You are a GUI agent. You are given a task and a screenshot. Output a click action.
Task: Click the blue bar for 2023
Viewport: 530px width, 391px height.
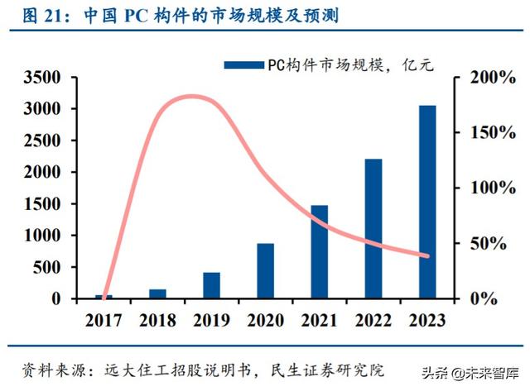(x=426, y=202)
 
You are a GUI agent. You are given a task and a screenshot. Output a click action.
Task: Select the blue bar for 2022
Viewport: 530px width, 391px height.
(x=373, y=228)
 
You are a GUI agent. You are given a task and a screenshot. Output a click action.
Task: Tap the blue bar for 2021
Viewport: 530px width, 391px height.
(x=320, y=251)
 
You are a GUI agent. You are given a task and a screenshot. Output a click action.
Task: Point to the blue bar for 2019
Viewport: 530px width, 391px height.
(x=212, y=285)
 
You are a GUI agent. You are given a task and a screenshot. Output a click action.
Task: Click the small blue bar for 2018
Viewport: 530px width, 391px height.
(x=157, y=293)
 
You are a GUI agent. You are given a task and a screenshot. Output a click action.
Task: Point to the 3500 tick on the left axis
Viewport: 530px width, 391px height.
(x=43, y=78)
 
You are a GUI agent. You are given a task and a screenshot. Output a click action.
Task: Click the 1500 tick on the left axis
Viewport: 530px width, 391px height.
(x=43, y=204)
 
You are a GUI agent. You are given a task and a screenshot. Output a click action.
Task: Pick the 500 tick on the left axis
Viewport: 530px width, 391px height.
(x=48, y=267)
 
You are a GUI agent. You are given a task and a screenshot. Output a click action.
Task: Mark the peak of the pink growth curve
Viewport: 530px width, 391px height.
(x=192, y=96)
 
